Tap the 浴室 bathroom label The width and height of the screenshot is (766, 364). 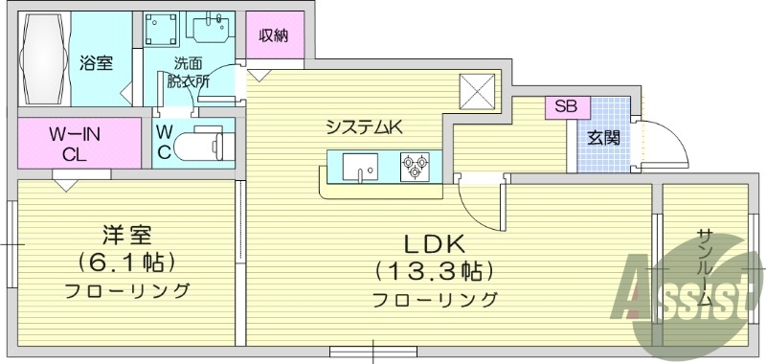click(x=97, y=63)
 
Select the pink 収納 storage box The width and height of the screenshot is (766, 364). click(x=276, y=37)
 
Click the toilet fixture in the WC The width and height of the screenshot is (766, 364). click(x=205, y=145)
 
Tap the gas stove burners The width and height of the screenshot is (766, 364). click(x=414, y=167)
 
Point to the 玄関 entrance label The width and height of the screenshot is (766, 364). click(x=603, y=137)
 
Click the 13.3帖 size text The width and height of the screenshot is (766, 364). click(x=435, y=269)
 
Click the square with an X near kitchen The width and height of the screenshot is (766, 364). click(x=476, y=93)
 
